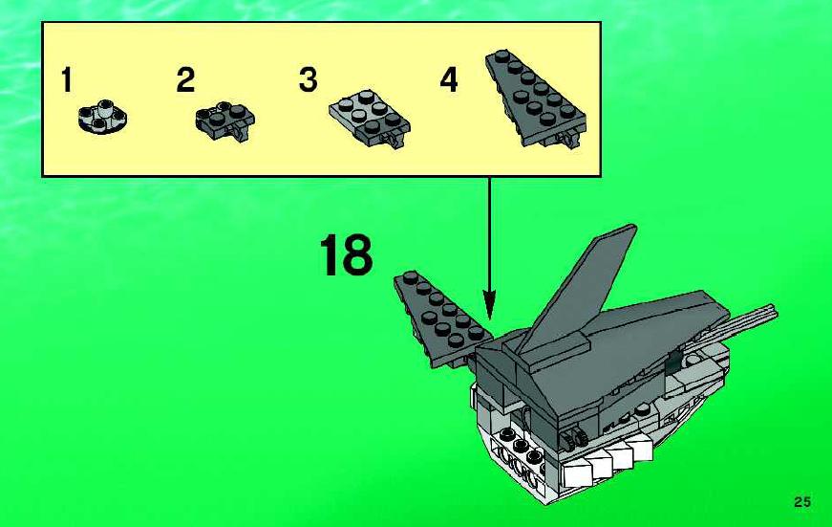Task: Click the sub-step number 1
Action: coord(66,79)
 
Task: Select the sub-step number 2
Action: coord(185,79)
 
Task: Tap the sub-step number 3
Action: coord(309,79)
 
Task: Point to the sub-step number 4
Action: coord(449,80)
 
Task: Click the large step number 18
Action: coord(346,255)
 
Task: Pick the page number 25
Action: coord(802,501)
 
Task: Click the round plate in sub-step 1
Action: coord(102,117)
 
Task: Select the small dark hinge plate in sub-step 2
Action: coord(225,121)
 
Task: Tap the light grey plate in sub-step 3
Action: coord(370,118)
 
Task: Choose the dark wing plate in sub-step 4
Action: coord(536,99)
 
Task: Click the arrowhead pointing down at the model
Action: coord(489,305)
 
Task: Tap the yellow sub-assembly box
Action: coord(322,99)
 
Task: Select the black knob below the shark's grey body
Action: coord(574,437)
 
